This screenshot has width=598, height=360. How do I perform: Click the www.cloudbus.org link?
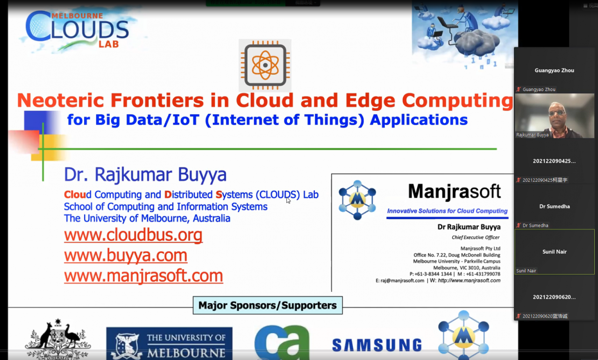133,235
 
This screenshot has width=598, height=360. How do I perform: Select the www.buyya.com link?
126,255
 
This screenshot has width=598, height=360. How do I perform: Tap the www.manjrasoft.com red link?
143,276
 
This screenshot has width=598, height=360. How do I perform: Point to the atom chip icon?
265,65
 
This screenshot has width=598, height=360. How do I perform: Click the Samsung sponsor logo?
377,345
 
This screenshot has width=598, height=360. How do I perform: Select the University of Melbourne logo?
169,344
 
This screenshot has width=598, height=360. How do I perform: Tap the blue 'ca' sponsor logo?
282,343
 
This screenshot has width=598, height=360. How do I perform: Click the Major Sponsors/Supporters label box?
268,305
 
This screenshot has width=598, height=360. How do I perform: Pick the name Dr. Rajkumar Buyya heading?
145,175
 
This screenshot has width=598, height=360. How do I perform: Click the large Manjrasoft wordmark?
454,191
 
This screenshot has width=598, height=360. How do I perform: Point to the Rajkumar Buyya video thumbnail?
554,115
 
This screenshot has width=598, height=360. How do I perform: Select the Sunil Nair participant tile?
554,252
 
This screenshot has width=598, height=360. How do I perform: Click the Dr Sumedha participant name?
555,206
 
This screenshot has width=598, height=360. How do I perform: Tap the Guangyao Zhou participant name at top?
555,70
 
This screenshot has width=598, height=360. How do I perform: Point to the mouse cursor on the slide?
288,200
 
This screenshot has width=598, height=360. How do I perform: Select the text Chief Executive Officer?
476,238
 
